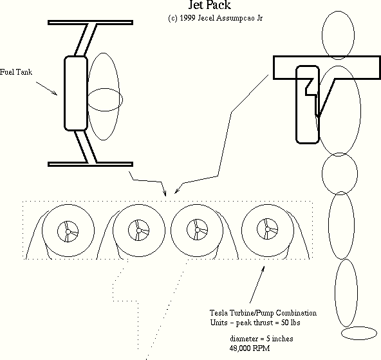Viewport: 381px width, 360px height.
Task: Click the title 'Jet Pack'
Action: coord(209,5)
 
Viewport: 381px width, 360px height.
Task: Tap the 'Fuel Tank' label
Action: coord(16,72)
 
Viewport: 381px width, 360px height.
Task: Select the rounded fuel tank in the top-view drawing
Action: coord(76,93)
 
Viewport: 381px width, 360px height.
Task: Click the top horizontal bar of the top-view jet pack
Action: coord(90,23)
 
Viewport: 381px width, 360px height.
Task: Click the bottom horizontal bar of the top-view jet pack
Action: coord(90,164)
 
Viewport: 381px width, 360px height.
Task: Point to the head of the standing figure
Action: coord(338,35)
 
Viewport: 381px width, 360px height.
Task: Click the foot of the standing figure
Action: coord(359,333)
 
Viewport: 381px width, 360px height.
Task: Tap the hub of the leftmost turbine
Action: coord(68,232)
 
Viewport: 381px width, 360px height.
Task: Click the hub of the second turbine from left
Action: coord(139,230)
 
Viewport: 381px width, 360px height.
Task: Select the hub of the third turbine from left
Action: coord(198,230)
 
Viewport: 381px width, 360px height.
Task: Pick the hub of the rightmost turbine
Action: coord(268,229)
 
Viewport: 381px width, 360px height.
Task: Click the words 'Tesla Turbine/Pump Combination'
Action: coord(263,313)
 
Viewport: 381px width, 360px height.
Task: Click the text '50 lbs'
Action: coord(291,323)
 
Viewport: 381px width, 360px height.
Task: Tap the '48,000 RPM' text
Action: coord(250,348)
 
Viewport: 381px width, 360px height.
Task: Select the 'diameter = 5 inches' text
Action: coord(261,339)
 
